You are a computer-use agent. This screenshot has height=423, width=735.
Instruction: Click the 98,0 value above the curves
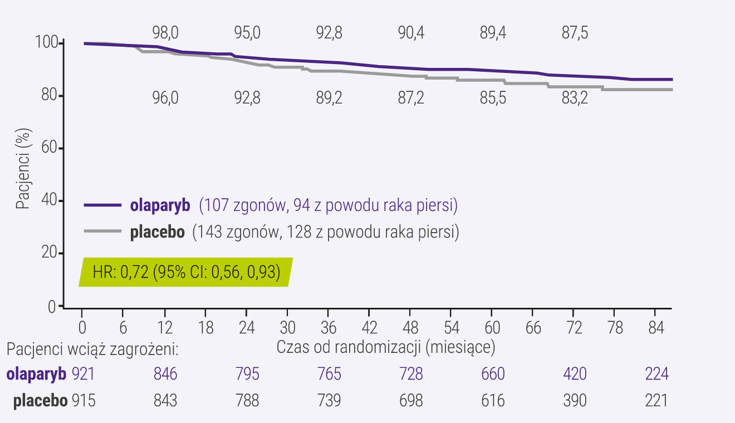[x=165, y=33]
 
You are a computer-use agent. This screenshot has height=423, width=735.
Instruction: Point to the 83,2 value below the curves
[x=574, y=99]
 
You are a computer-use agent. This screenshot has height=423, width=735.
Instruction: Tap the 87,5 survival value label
[x=574, y=33]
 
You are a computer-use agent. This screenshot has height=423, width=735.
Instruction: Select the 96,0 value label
[x=165, y=99]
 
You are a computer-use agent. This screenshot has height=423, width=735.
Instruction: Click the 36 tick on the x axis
[x=329, y=327]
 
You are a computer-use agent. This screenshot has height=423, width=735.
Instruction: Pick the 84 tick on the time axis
[x=656, y=327]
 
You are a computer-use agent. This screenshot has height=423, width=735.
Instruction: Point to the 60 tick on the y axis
[x=48, y=149]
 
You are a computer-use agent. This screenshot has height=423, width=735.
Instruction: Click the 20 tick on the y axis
[x=48, y=254]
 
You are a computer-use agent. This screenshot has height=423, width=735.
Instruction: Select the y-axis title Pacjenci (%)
[x=23, y=169]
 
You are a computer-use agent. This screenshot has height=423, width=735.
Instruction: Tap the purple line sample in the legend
[x=102, y=205]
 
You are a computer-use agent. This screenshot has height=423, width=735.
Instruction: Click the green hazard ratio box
[x=185, y=273]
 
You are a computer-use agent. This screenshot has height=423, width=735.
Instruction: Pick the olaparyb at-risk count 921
[x=84, y=373]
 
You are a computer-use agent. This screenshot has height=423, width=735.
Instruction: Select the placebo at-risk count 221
[x=656, y=400]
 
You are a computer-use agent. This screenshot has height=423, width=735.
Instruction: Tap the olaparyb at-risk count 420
[x=575, y=373]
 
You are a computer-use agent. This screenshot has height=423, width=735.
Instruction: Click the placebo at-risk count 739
[x=329, y=400]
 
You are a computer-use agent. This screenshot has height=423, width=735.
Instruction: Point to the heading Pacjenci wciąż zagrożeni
[x=92, y=349]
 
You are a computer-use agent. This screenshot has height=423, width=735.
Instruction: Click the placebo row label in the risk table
[x=40, y=400]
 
